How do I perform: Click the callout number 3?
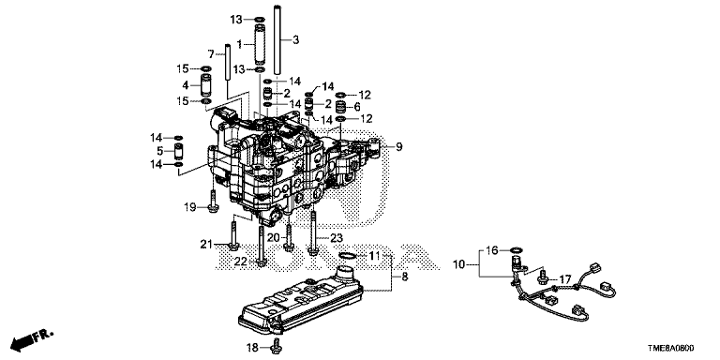(x=295, y=40)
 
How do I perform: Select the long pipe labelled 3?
(x=277, y=39)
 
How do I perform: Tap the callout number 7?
(x=211, y=54)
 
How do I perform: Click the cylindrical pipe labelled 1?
(x=260, y=44)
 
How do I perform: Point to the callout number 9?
(x=399, y=147)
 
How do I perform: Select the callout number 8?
(x=405, y=277)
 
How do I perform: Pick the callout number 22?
(x=241, y=262)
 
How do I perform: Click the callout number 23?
(x=337, y=238)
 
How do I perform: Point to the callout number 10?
(x=459, y=264)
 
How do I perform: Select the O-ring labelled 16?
(x=517, y=250)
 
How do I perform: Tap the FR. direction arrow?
(x=31, y=337)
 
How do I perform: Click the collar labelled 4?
(x=205, y=85)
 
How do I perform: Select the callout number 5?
(x=159, y=151)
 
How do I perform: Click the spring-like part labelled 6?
(x=340, y=108)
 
